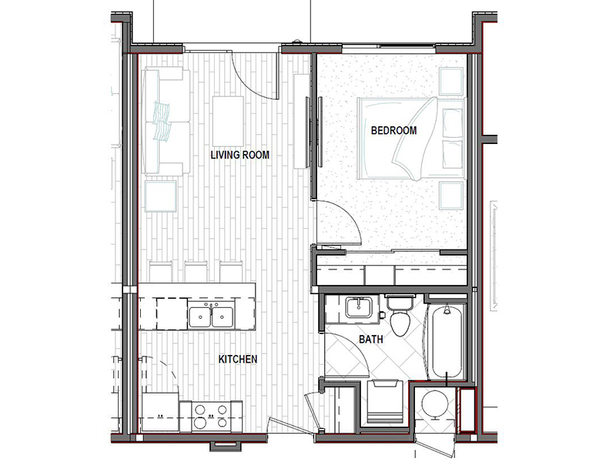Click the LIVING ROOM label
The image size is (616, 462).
[240, 155]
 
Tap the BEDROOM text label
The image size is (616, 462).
[393, 130]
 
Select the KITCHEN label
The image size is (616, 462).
[238, 359]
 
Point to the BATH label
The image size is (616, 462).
[371, 339]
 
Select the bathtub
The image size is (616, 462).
[447, 341]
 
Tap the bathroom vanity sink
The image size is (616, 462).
[359, 307]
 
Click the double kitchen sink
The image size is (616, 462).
[211, 316]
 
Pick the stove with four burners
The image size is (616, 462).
[211, 417]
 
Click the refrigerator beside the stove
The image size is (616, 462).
[160, 412]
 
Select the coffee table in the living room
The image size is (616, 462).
[228, 122]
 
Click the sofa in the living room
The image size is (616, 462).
[166, 122]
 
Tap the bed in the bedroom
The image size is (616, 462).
[411, 139]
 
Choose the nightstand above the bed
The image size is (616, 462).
[451, 82]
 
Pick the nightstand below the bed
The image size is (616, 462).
[451, 196]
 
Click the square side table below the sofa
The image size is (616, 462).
[160, 196]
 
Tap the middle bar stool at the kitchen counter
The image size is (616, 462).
[196, 271]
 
